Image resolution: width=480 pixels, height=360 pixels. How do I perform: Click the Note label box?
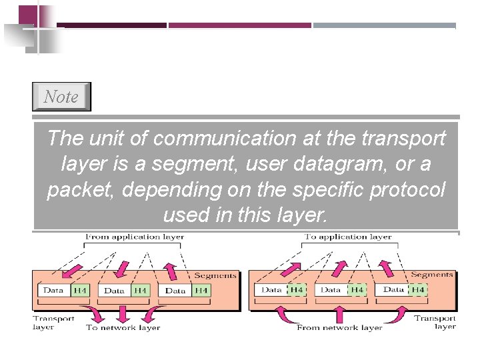click(61, 97)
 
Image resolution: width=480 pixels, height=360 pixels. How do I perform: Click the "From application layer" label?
click(135, 237)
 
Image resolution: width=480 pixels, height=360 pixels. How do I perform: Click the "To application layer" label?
click(348, 237)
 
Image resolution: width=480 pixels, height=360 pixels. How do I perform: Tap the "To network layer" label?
click(123, 327)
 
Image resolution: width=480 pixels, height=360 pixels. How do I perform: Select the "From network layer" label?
click(340, 327)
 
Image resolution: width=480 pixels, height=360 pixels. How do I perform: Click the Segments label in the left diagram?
click(215, 275)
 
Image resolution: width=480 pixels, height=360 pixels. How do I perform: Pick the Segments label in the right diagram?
click(432, 275)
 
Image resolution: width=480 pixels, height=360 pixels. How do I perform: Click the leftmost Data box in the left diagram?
click(54, 291)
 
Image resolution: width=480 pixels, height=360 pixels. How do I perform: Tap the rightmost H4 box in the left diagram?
click(201, 291)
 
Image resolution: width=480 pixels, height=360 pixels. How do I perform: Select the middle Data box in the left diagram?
click(115, 291)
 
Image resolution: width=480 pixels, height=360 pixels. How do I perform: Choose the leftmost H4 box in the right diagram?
click(296, 290)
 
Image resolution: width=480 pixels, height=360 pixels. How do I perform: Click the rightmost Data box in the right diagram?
click(394, 290)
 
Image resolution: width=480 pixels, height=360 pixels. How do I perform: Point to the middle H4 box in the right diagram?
click(357, 290)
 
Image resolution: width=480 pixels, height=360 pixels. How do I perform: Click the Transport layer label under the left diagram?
click(54, 323)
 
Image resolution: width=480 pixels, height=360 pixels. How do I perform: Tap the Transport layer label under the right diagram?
click(435, 322)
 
